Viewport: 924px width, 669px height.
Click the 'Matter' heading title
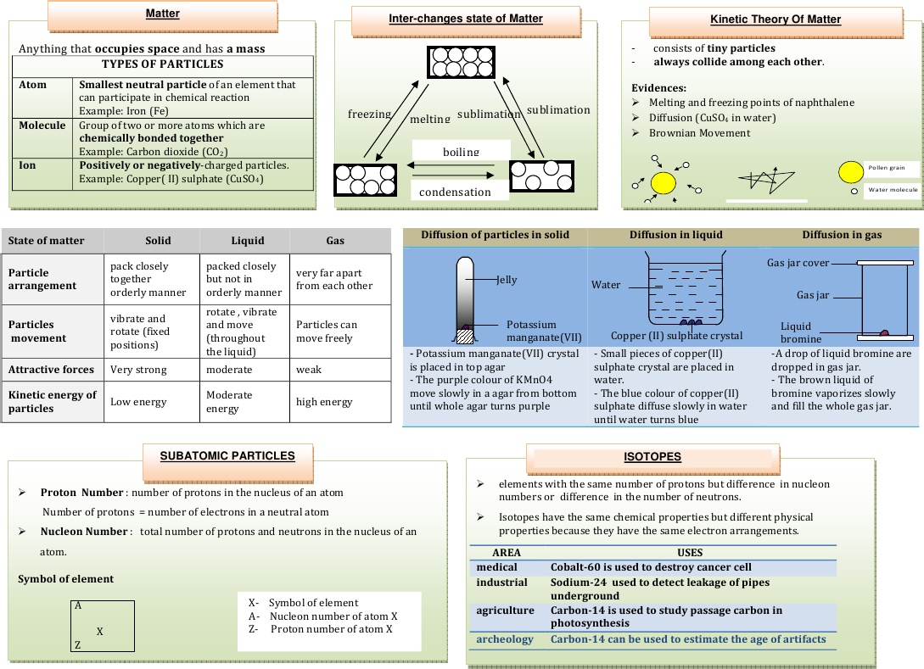click(162, 14)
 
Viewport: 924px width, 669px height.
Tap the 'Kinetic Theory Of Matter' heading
click(776, 20)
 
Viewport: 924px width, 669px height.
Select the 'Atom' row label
click(33, 85)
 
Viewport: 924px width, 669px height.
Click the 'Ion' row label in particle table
click(27, 165)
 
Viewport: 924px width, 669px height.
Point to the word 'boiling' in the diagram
click(461, 153)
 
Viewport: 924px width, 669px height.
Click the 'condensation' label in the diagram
click(455, 192)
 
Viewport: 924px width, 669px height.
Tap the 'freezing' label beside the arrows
click(369, 114)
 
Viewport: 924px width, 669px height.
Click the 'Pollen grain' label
click(886, 168)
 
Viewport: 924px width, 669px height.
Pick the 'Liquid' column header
click(248, 241)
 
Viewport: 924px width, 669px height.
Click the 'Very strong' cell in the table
click(138, 370)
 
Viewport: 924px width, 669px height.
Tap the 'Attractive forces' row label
click(52, 370)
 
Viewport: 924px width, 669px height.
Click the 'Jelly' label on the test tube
click(507, 280)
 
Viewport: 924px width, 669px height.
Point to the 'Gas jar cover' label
click(798, 263)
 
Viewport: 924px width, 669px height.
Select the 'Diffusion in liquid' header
click(676, 235)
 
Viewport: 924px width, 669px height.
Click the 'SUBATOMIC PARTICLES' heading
click(227, 455)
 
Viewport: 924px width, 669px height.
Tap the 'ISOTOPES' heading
click(652, 456)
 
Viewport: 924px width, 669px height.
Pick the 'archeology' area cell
click(505, 639)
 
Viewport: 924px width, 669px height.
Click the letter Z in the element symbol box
click(77, 645)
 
